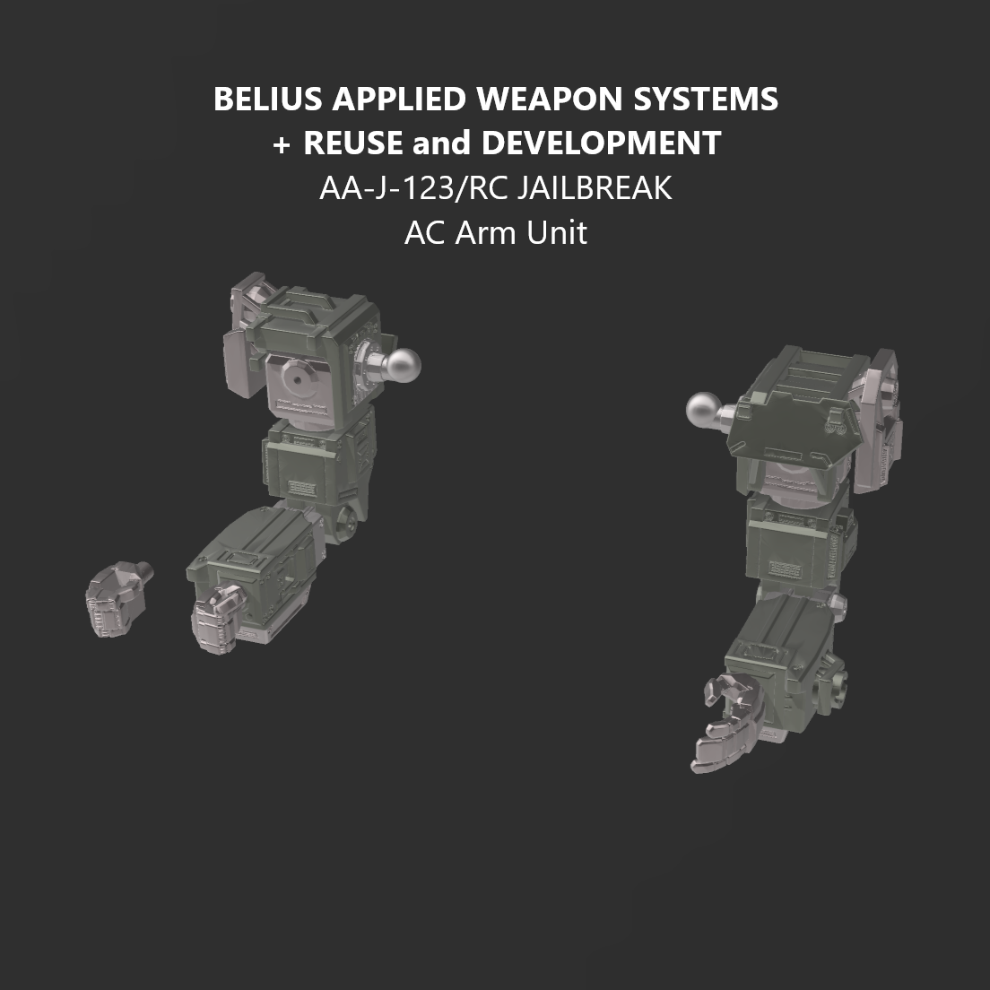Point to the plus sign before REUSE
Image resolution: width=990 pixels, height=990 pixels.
[281, 143]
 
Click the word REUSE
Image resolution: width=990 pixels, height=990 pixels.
[352, 143]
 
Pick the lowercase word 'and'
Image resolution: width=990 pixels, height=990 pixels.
[441, 143]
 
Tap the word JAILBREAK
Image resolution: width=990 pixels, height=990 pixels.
[594, 188]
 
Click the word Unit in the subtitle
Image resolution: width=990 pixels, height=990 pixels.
[557, 233]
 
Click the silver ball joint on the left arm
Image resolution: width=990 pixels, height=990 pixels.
[403, 363]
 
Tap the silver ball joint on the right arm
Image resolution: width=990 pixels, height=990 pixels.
[705, 411]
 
